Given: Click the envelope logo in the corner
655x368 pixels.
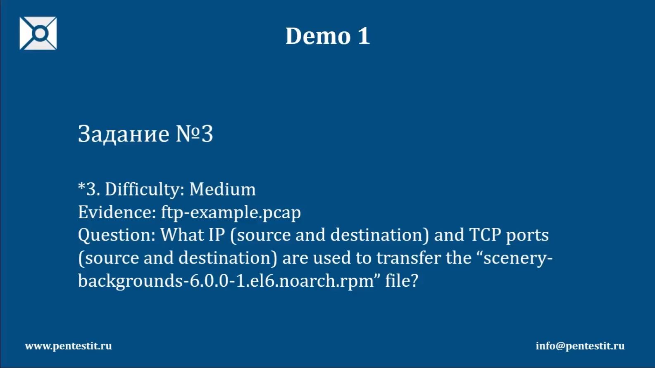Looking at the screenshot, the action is click(x=38, y=33).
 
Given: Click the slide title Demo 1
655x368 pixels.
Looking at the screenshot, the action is click(x=327, y=36).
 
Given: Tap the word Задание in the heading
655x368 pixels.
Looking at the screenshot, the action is click(x=124, y=134).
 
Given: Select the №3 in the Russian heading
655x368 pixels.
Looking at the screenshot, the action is click(x=195, y=134).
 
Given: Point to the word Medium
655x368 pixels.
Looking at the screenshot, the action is click(x=222, y=189).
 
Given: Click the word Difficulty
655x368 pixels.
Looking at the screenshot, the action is click(x=145, y=190).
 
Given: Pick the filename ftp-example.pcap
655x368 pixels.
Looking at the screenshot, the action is click(x=231, y=212).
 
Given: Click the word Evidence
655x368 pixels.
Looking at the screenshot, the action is click(x=117, y=212).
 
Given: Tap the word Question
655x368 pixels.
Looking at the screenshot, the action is click(x=117, y=235).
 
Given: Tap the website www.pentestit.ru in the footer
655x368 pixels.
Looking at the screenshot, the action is click(x=69, y=346).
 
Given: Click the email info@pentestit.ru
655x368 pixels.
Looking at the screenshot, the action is click(x=580, y=346).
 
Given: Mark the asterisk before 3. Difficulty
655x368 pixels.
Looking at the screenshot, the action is click(x=81, y=186).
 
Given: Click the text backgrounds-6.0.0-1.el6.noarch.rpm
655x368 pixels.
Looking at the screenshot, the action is click(x=226, y=281).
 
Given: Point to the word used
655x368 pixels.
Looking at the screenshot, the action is click(x=331, y=258).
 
